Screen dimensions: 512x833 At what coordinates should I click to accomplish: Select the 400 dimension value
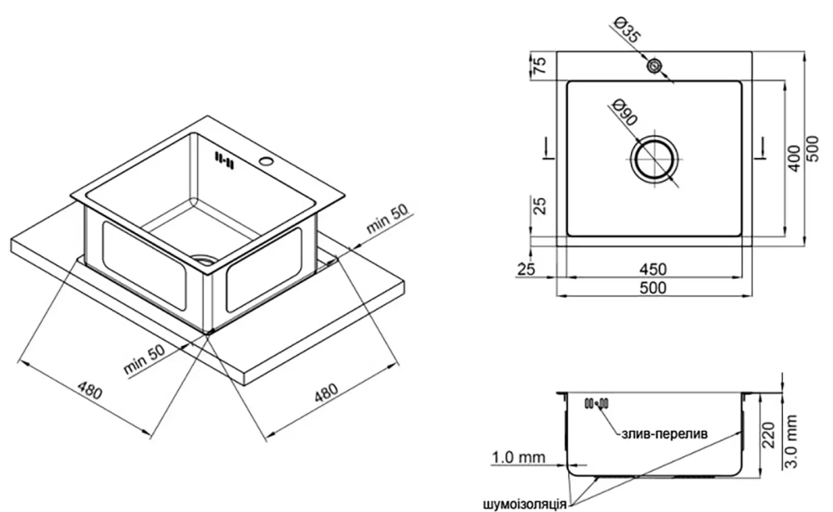coord(795,157)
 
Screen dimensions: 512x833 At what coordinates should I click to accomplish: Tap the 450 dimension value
coord(653,269)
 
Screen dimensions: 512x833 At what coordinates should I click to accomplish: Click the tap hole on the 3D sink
coord(267,161)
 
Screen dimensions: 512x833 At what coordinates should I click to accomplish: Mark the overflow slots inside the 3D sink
coord(223,159)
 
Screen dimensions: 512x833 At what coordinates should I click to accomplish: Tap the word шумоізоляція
coord(524,503)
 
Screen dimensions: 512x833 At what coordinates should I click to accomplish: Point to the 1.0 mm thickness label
coord(519,458)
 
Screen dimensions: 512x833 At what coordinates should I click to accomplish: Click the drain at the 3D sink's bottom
coord(203,259)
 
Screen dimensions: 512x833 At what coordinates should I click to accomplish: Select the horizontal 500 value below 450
coord(653,288)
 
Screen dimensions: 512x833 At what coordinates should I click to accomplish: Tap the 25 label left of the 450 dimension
coord(524,269)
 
